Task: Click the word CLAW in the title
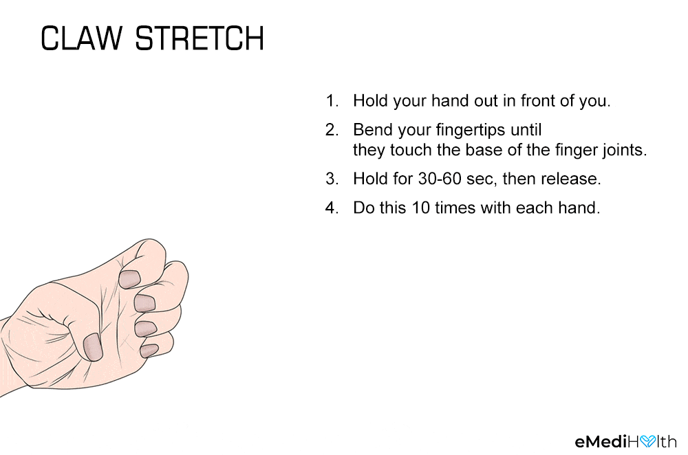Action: click(x=82, y=38)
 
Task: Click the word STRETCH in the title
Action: click(x=200, y=38)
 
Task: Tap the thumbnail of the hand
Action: click(x=93, y=346)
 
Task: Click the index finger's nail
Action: click(x=129, y=279)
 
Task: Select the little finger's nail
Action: click(x=149, y=351)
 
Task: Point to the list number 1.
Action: click(x=332, y=101)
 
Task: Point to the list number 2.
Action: click(x=332, y=130)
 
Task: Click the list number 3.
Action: click(x=332, y=179)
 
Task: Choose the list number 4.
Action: click(x=332, y=208)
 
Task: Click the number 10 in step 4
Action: click(x=420, y=208)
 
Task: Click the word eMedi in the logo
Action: click(x=601, y=441)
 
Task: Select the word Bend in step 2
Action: click(x=370, y=130)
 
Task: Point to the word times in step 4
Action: click(x=455, y=208)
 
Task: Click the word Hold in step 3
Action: click(x=369, y=179)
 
